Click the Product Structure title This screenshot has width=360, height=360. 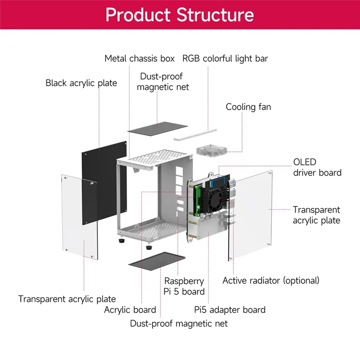coord(180,15)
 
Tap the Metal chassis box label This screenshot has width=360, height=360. coord(139,58)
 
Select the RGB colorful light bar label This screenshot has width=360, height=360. coord(225,59)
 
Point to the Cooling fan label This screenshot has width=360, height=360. coord(248,107)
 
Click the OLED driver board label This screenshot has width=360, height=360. coord(317,167)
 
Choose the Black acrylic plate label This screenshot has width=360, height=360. coord(81,83)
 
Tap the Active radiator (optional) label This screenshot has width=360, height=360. coord(271,280)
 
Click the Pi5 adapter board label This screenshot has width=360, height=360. coord(230,310)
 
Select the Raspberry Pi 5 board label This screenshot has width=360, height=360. coord(184,286)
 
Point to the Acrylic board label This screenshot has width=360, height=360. coord(130,310)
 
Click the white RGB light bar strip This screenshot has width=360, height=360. coord(195,135)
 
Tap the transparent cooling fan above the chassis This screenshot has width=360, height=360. coord(211,151)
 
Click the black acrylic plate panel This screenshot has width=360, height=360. coord(104,183)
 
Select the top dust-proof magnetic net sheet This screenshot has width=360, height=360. coord(157,129)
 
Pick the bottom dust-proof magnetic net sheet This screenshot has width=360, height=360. coord(157,261)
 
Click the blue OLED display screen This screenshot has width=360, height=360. coord(220,183)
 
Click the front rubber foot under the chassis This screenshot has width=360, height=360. coord(149,247)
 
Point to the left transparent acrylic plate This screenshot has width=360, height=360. coord(80,217)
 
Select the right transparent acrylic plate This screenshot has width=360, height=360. coord(251,216)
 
